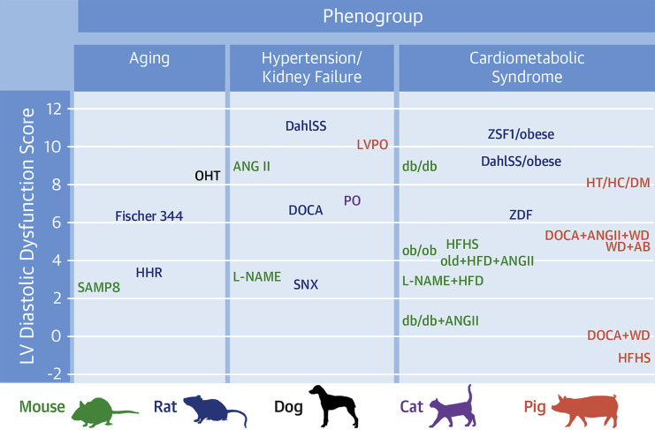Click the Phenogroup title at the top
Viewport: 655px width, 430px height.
tap(373, 17)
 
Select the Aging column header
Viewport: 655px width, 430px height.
tap(149, 58)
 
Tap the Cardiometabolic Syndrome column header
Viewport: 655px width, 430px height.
tap(527, 67)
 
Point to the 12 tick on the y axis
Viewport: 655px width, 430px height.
tap(54, 109)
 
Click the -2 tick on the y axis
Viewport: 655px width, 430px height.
tap(54, 373)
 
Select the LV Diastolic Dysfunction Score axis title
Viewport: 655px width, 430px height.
tap(27, 236)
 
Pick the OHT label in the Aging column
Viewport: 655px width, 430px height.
tap(208, 176)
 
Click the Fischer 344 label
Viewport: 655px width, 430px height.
tap(149, 216)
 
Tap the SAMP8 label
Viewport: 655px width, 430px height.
tap(99, 287)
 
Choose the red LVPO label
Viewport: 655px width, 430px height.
tap(372, 144)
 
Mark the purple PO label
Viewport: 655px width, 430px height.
tap(352, 200)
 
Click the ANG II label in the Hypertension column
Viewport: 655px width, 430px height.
tap(251, 166)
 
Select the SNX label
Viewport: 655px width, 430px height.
tap(306, 284)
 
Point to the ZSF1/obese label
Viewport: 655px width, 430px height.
tap(521, 134)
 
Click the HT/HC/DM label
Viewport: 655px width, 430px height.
tap(618, 183)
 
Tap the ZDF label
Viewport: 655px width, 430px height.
tap(521, 215)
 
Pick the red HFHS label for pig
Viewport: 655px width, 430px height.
tap(634, 358)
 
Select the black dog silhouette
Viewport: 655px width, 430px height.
tap(334, 405)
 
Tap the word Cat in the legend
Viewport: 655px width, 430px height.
tap(411, 407)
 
